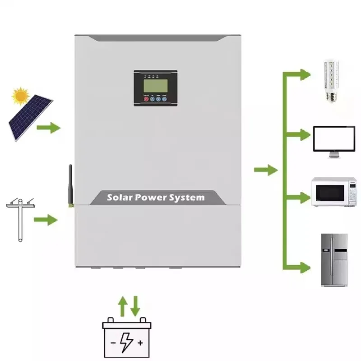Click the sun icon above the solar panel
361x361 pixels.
pos(20,96)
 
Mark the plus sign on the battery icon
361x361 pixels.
pos(140,343)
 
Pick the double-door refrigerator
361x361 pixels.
pos(334,259)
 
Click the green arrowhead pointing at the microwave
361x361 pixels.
pos(304,197)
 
